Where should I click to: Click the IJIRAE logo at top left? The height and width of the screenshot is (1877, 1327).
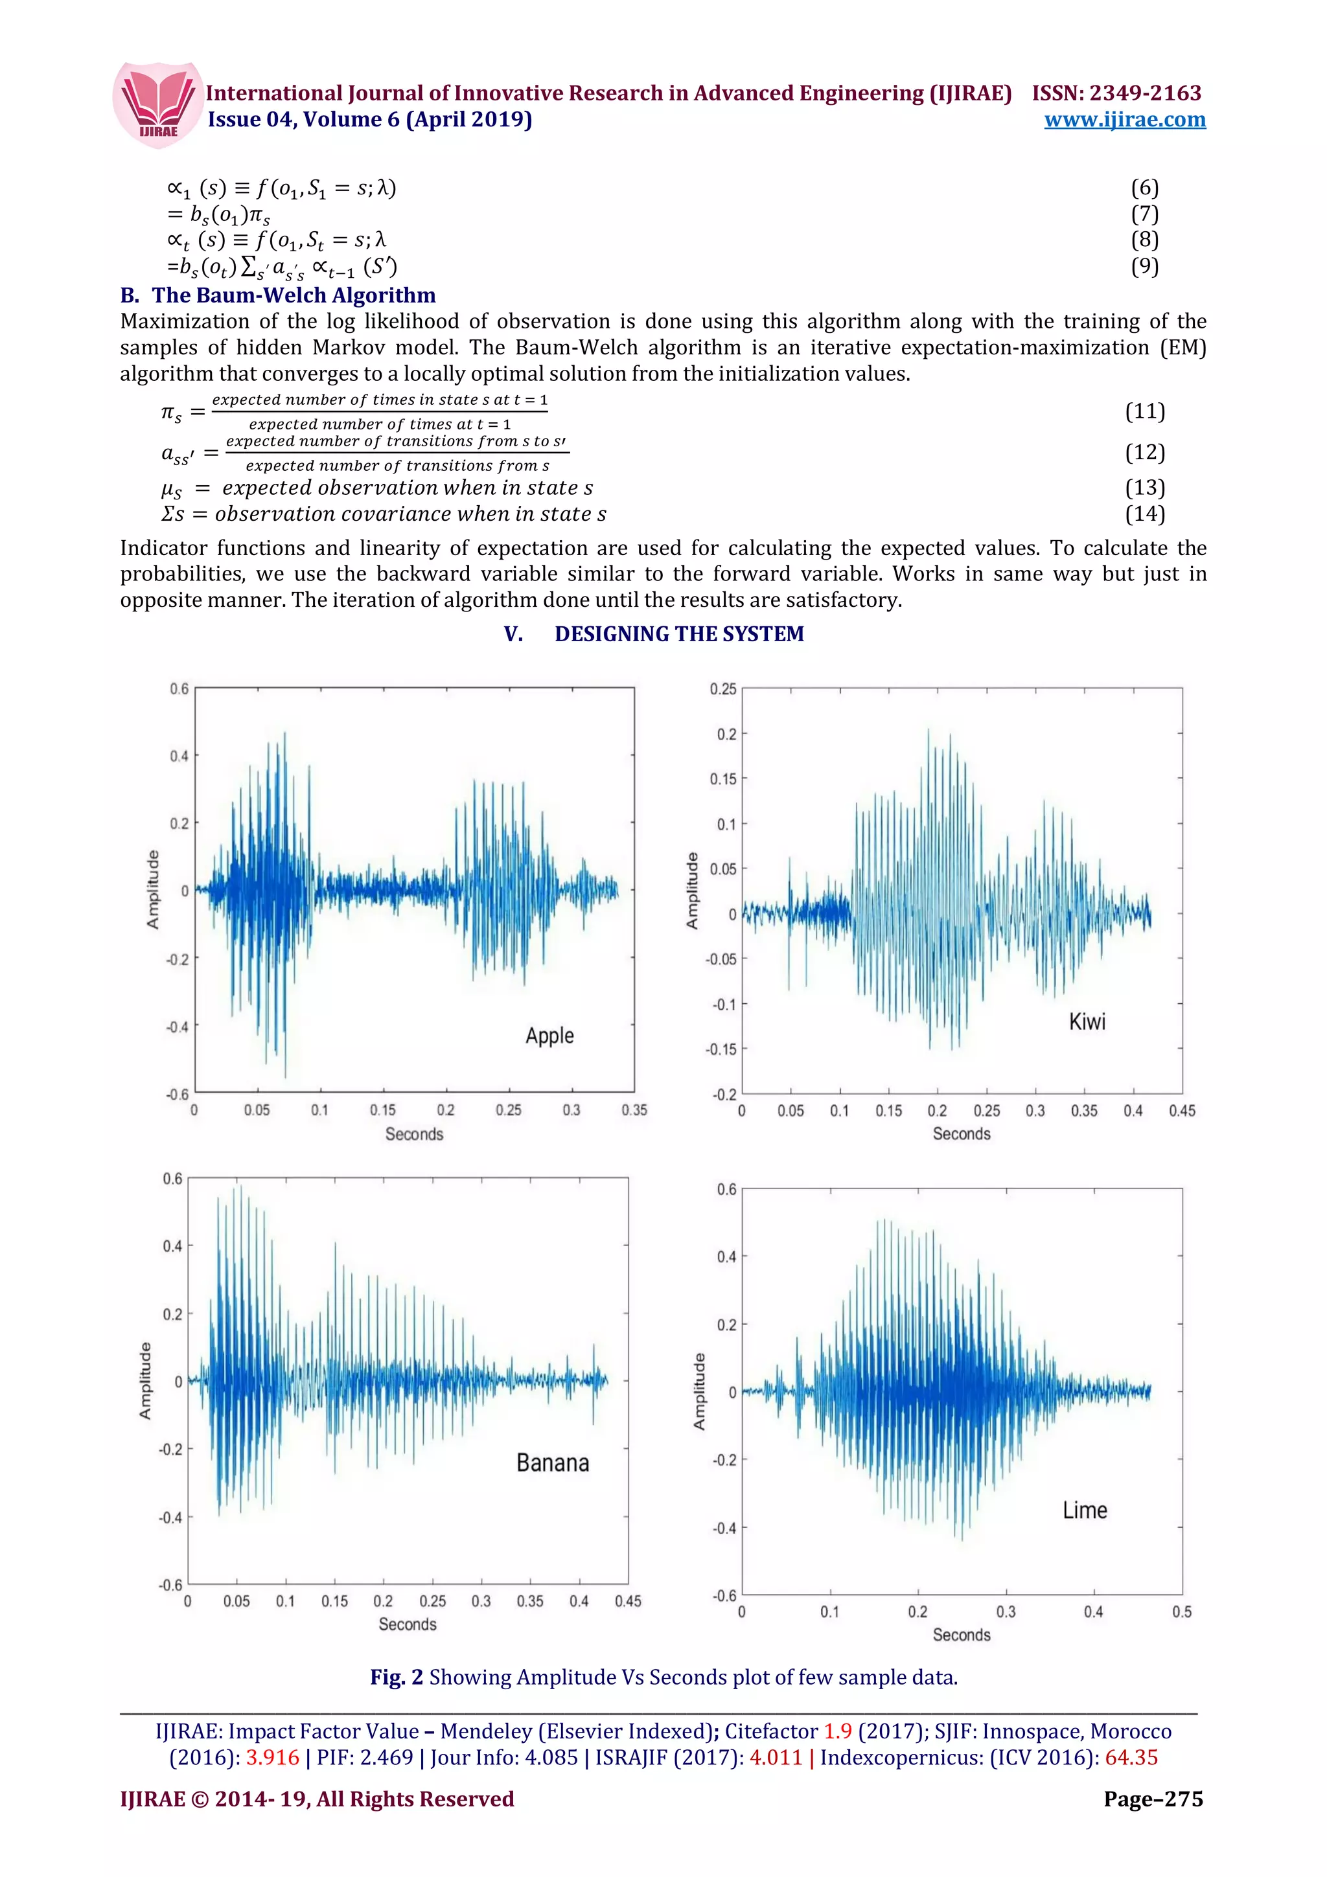tap(157, 105)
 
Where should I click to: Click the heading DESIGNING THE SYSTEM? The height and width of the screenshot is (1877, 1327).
tap(678, 633)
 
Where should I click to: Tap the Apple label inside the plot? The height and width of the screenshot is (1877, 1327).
tap(549, 1036)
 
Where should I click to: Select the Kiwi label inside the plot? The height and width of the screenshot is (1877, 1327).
tap(1087, 1022)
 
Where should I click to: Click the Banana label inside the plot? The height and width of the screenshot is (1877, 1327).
tap(552, 1462)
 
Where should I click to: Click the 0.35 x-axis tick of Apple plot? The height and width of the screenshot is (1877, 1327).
tap(634, 1110)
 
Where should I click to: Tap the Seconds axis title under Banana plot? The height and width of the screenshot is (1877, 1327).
tap(407, 1624)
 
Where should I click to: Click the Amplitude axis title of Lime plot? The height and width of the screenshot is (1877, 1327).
tap(699, 1391)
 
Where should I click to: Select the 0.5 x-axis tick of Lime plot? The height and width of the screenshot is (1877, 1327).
tap(1181, 1611)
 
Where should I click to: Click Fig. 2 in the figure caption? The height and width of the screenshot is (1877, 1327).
tap(397, 1678)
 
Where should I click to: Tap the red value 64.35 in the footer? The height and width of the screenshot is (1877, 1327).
tap(1131, 1757)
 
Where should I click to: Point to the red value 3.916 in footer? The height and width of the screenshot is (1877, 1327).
tap(273, 1757)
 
